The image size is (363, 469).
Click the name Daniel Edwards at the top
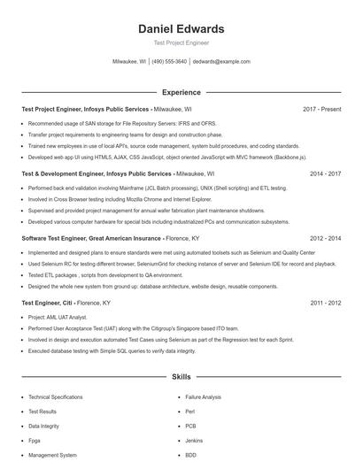181,29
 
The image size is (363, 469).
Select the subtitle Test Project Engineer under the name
181,43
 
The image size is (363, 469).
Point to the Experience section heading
181,92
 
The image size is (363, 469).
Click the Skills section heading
181,377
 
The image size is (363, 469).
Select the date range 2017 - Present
321,109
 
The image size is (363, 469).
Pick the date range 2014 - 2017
325,174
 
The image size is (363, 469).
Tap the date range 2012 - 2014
325,239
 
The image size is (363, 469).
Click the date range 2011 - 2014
325,303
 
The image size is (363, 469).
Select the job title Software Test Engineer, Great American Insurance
91,239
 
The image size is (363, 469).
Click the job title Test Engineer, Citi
47,303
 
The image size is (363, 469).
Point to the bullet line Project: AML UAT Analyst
58,316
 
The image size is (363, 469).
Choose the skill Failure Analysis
204,397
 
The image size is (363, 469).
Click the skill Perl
190,411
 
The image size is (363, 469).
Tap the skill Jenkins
194,441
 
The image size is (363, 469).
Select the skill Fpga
35,441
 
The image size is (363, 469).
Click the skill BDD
191,455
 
